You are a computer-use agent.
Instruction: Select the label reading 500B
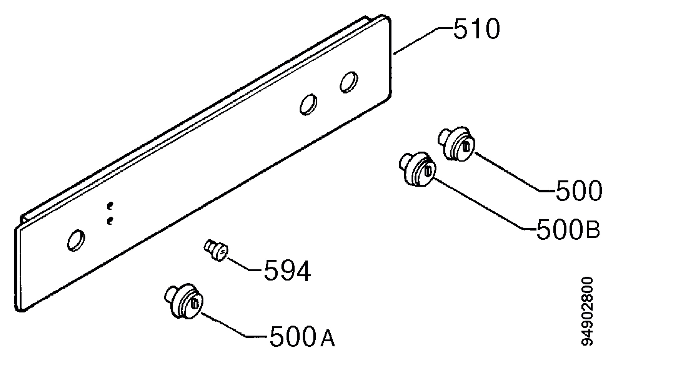tap(568, 229)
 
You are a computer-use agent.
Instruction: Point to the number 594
tap(287, 270)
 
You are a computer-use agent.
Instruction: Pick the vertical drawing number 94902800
tap(587, 311)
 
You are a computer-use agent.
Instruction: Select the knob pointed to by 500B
tap(418, 169)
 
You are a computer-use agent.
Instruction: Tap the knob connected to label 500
tap(457, 143)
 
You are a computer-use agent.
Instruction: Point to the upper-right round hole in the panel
tap(349, 82)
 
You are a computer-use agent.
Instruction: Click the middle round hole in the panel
tap(308, 105)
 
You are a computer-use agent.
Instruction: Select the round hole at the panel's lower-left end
tap(76, 240)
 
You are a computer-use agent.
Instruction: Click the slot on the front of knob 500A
tap(195, 303)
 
